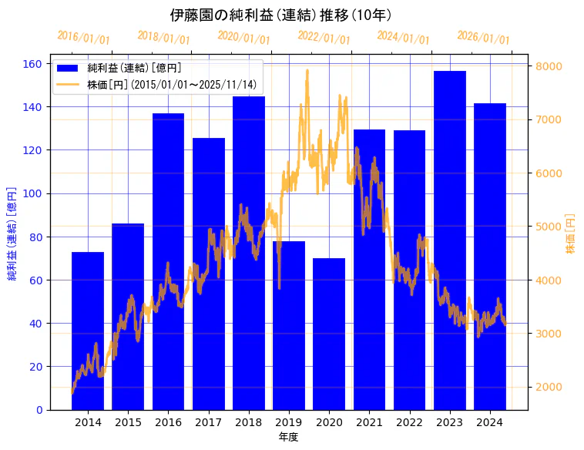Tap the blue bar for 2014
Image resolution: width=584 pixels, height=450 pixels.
click(x=88, y=331)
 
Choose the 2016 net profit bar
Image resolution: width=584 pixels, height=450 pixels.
click(x=168, y=261)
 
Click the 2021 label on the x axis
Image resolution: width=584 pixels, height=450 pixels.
click(x=369, y=422)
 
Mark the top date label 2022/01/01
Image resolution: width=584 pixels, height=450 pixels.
click(x=324, y=38)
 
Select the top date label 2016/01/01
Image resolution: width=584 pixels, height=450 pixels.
click(x=83, y=38)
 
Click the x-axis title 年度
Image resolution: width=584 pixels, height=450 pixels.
click(x=288, y=437)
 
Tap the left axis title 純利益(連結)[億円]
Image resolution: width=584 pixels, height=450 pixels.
click(x=12, y=233)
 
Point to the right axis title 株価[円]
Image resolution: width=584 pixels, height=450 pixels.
click(x=571, y=233)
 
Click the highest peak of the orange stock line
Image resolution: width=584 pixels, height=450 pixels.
click(x=307, y=70)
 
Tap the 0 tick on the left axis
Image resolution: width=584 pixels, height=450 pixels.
click(x=39, y=410)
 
